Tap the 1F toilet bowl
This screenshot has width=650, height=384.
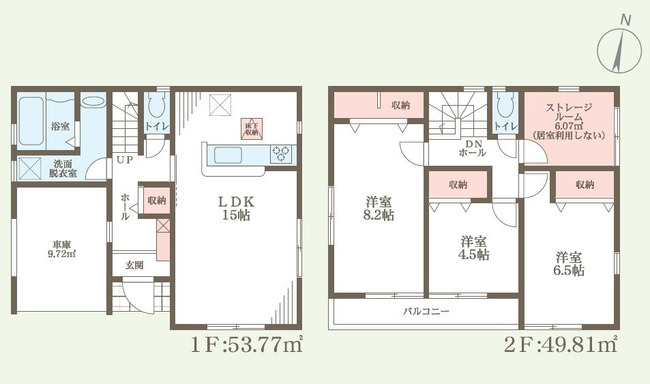[156, 106]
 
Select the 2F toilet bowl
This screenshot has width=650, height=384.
[505, 106]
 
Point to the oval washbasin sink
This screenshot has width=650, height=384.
[93, 102]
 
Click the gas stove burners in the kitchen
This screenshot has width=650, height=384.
[280, 154]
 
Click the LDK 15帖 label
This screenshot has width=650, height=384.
[236, 208]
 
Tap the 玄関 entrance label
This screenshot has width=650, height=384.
[134, 265]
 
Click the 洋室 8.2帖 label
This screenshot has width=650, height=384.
[379, 208]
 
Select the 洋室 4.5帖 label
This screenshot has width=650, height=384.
[473, 248]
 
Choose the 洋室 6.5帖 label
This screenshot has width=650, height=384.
[570, 263]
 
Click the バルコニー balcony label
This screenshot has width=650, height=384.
[426, 311]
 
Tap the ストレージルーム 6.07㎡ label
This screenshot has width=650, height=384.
[569, 121]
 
